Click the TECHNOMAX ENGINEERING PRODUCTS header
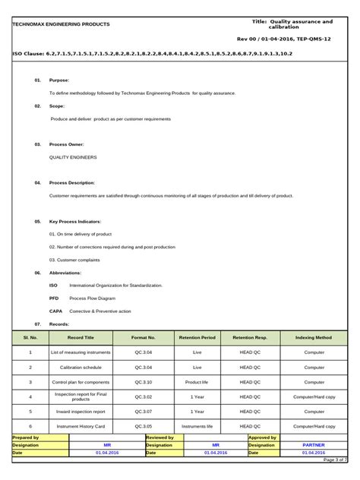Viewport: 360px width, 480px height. click(x=61, y=24)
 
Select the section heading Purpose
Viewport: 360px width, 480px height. click(x=59, y=80)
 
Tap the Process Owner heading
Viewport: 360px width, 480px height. click(x=67, y=144)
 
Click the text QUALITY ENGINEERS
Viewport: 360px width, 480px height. click(x=73, y=156)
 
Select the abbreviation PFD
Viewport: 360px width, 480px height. click(x=54, y=298)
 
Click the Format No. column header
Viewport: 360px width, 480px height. click(x=143, y=337)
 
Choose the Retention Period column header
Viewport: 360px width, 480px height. click(x=197, y=337)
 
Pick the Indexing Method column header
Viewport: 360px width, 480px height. click(x=313, y=337)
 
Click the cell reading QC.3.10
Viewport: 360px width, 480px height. click(x=143, y=382)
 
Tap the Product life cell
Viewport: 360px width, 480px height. click(x=197, y=382)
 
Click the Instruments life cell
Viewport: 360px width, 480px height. click(x=197, y=427)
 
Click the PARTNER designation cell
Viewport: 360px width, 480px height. click(x=314, y=445)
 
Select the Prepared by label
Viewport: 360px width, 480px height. click(x=26, y=438)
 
